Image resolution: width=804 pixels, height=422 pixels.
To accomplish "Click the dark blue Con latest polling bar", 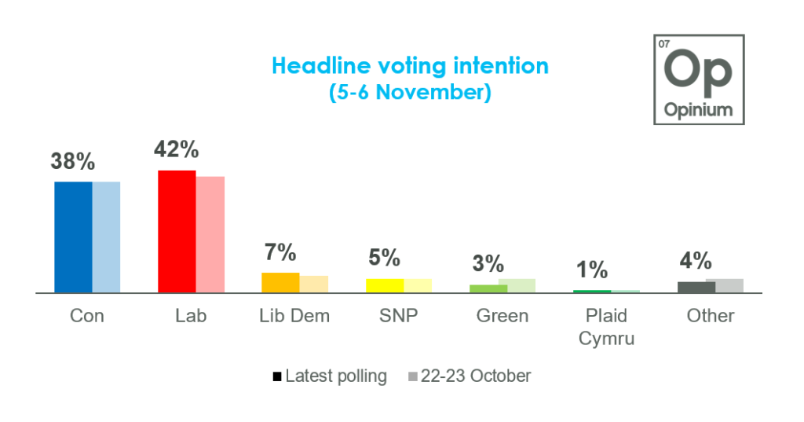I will [73, 237].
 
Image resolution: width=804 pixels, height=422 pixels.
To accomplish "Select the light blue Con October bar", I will [106, 237].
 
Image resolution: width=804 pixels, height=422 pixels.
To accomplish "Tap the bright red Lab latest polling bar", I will [177, 231].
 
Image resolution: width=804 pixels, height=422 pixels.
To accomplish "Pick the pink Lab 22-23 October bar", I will [210, 234].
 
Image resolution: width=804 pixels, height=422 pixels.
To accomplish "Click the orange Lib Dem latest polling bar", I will [280, 283].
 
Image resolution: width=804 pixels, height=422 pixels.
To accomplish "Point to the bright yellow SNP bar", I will [385, 285].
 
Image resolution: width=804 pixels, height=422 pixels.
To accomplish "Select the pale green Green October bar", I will [517, 285].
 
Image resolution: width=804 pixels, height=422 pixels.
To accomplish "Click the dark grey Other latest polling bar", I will [696, 287].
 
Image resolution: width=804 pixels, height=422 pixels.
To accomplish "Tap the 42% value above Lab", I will [177, 149].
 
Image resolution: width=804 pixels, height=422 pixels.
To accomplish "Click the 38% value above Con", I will [73, 162].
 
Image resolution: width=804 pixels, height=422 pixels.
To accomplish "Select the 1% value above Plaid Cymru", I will [592, 270].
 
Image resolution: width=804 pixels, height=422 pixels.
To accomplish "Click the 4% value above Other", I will [696, 260].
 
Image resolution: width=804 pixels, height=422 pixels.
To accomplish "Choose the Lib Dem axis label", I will [294, 316].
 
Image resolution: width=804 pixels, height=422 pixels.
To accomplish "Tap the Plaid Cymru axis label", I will [606, 327].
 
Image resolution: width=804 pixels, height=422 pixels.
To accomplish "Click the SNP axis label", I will [399, 316].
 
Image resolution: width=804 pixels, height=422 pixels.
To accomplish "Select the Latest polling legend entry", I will [330, 376].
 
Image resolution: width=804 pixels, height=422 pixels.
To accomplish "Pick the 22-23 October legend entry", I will [470, 376].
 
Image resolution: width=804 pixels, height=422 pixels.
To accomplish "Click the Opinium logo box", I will [698, 79].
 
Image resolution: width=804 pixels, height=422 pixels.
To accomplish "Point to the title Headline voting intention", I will [410, 65].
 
